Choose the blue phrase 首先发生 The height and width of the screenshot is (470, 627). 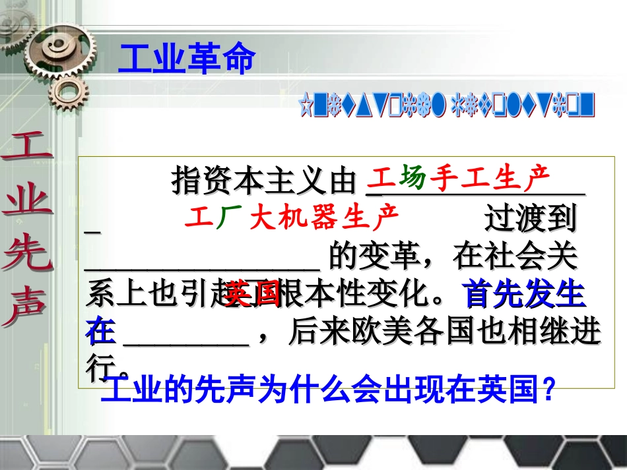click(x=525, y=296)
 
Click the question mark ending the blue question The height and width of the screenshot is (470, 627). click(x=547, y=392)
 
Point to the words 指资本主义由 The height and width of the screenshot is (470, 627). click(x=263, y=180)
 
